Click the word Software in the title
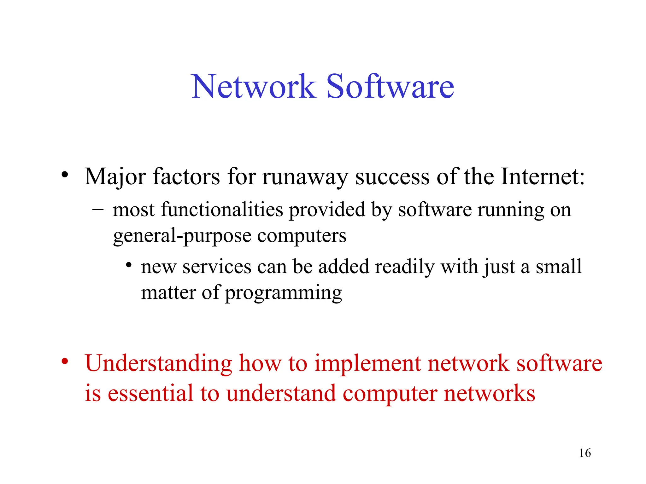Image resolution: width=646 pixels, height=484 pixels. tap(390, 86)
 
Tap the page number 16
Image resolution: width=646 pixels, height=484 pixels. tap(585, 453)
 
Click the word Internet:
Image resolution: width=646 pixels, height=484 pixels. tap(543, 176)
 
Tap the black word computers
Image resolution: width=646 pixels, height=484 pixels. tap(302, 236)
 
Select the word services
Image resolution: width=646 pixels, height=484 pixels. tap(217, 267)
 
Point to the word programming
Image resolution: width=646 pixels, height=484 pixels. tap(283, 293)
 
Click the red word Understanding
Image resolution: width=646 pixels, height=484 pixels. tap(159, 364)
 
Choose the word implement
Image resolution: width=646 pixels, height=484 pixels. tap(368, 364)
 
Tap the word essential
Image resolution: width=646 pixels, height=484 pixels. tap(150, 394)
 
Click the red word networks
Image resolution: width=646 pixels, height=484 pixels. tap(489, 394)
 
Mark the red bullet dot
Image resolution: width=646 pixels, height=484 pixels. tap(65, 361)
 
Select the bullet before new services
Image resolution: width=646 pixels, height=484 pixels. tap(128, 265)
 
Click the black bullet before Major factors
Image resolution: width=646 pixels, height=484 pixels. tap(65, 175)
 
